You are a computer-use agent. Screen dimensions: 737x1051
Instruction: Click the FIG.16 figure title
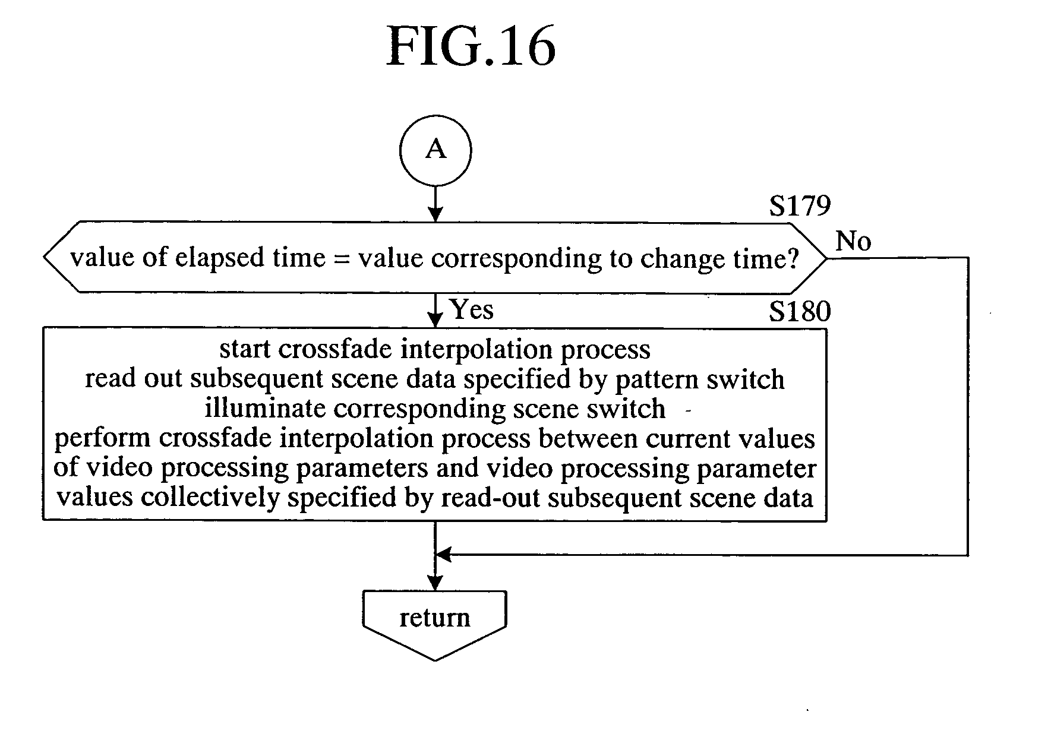471,48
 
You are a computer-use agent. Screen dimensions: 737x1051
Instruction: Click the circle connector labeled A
435,150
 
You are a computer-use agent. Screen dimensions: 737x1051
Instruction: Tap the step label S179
800,205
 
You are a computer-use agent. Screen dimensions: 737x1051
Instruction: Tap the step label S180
800,311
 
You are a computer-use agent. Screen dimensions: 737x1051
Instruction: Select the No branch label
853,241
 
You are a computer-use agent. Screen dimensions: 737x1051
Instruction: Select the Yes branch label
472,309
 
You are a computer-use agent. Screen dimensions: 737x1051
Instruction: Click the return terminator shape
435,621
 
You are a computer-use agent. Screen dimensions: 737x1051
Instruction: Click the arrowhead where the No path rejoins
443,555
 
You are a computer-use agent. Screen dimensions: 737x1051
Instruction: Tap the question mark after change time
792,258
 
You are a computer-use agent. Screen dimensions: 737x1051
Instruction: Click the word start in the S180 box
245,349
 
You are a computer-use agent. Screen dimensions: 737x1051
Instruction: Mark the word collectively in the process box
209,497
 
